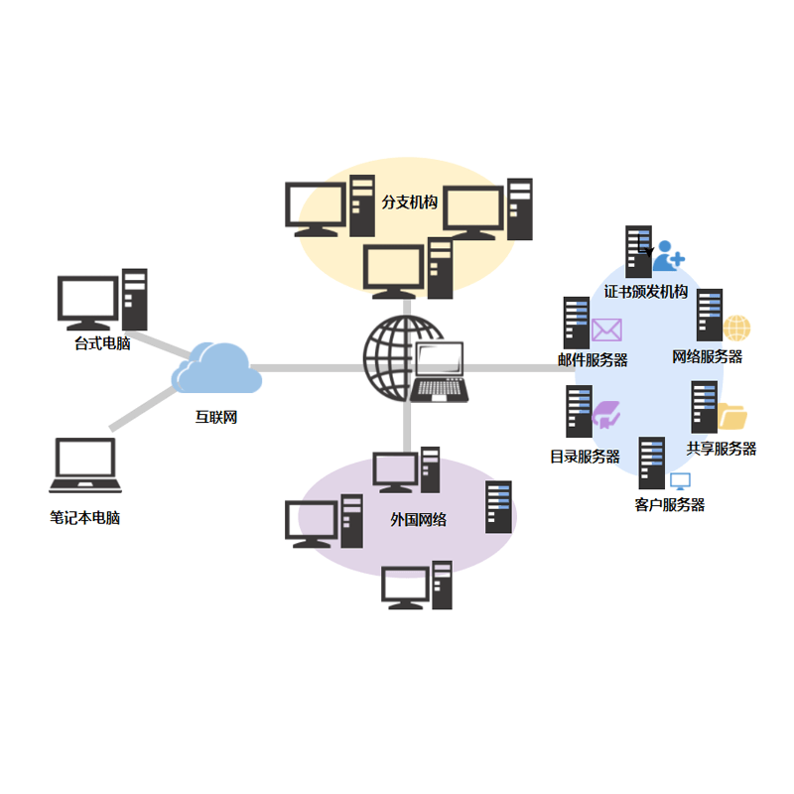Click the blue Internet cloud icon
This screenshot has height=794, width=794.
coord(216,369)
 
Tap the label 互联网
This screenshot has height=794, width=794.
coord(215,418)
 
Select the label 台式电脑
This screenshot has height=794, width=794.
coord(102,343)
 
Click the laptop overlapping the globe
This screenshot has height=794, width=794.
coord(439,372)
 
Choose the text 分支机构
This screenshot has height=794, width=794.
coord(410,201)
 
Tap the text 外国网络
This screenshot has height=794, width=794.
coord(418,519)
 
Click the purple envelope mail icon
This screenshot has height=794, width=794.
coord(606,330)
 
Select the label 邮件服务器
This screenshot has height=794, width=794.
coord(593,360)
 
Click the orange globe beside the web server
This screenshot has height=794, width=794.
coord(736,329)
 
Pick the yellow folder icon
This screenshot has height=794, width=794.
coord(732,416)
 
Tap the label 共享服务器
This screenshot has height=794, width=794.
coord(722,449)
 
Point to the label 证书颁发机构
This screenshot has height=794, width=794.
coord(646,292)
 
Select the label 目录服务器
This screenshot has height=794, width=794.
coord(585,457)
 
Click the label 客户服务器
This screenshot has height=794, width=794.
coord(670,504)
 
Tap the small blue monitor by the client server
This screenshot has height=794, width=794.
coord(680,481)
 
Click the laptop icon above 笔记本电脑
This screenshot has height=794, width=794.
coord(85,465)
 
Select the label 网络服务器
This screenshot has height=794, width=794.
coord(707,356)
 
